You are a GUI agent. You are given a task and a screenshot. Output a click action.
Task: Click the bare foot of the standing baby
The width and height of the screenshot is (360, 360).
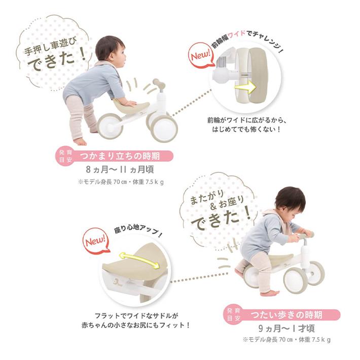(x=80, y=141)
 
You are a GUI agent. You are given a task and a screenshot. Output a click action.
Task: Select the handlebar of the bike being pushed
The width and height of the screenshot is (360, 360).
(x=158, y=83)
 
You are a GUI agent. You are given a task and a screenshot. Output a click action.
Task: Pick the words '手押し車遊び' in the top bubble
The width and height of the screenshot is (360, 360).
(x=54, y=49)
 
